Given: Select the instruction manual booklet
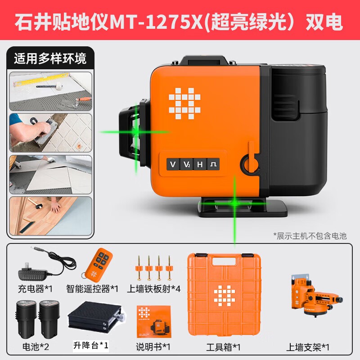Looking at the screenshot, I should coord(153,322).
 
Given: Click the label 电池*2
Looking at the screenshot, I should coord(33,347).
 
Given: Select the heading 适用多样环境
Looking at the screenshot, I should coord(50,58).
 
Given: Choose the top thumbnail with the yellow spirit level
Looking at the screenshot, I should coord(50,91).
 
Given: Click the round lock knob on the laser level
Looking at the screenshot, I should coord(249,162).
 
